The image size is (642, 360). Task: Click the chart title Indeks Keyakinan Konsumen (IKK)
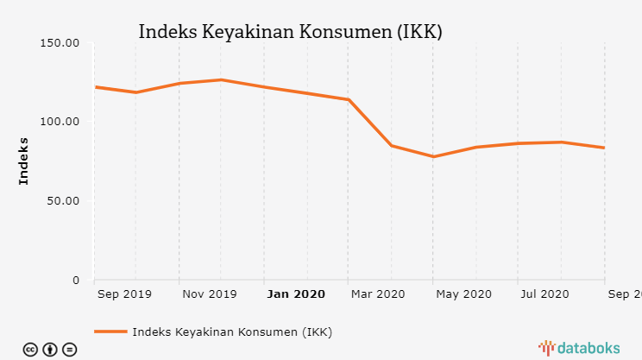[x=290, y=32]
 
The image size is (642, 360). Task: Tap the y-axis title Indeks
[x=23, y=161]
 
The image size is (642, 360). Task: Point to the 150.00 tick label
[x=60, y=42]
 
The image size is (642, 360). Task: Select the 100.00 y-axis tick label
[x=60, y=122]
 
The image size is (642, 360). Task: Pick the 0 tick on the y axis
[x=76, y=281]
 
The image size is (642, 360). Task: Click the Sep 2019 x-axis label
[x=124, y=294]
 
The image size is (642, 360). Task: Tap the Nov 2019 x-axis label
[x=209, y=294]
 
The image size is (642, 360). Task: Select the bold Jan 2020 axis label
[x=296, y=294]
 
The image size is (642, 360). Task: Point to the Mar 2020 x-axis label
[x=378, y=294]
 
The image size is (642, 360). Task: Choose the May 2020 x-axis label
[x=463, y=294]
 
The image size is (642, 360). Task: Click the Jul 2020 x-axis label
[x=545, y=294]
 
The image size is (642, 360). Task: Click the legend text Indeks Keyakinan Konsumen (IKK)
[x=232, y=332]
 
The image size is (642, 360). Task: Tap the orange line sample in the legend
[x=110, y=332]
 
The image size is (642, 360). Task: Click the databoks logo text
[x=588, y=348]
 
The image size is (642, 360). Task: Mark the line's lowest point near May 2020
[x=433, y=156]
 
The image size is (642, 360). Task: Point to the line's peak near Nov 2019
[x=221, y=79]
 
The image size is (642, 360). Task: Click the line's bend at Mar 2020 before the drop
[x=348, y=99]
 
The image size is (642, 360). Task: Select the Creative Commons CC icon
[x=30, y=350]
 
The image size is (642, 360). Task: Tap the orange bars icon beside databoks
[x=546, y=348]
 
